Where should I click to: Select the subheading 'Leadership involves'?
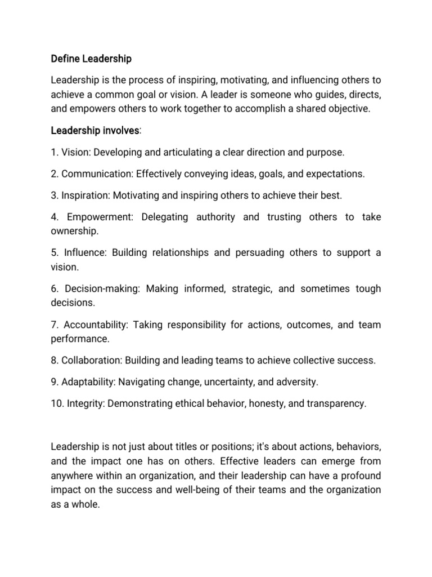tap(94, 131)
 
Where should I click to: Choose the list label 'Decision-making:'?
tap(103, 289)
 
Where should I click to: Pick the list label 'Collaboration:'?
tap(91, 361)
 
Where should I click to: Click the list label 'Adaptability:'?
tap(88, 382)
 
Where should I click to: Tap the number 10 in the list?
tap(56, 404)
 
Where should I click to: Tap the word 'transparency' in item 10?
tap(336, 404)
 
